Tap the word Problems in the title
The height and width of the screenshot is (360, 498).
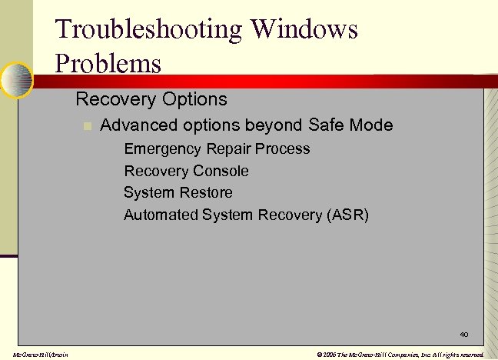tap(108, 63)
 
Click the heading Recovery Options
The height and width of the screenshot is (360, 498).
tap(151, 99)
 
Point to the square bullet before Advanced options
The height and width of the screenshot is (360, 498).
tap(88, 125)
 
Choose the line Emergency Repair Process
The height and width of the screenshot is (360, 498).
tap(217, 148)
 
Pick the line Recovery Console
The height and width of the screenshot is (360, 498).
tap(186, 171)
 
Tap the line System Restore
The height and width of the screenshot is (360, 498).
tap(178, 192)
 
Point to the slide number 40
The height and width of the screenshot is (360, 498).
tap(463, 335)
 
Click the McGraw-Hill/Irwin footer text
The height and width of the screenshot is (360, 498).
tap(35, 355)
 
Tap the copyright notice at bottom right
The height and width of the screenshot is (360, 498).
tap(400, 355)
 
